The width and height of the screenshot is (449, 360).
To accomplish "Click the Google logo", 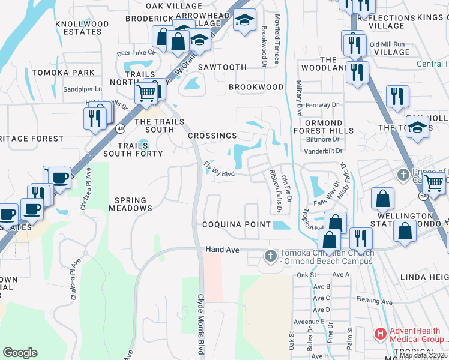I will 20,353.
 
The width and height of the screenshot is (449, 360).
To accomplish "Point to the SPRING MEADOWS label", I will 130,205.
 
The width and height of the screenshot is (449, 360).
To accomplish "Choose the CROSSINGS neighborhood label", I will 212,136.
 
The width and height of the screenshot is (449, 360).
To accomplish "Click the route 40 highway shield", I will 121,128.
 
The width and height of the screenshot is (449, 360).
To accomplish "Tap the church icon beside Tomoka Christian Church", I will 270,256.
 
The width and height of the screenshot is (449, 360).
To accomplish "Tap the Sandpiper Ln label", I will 83,89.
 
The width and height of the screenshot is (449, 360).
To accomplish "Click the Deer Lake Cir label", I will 136,53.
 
